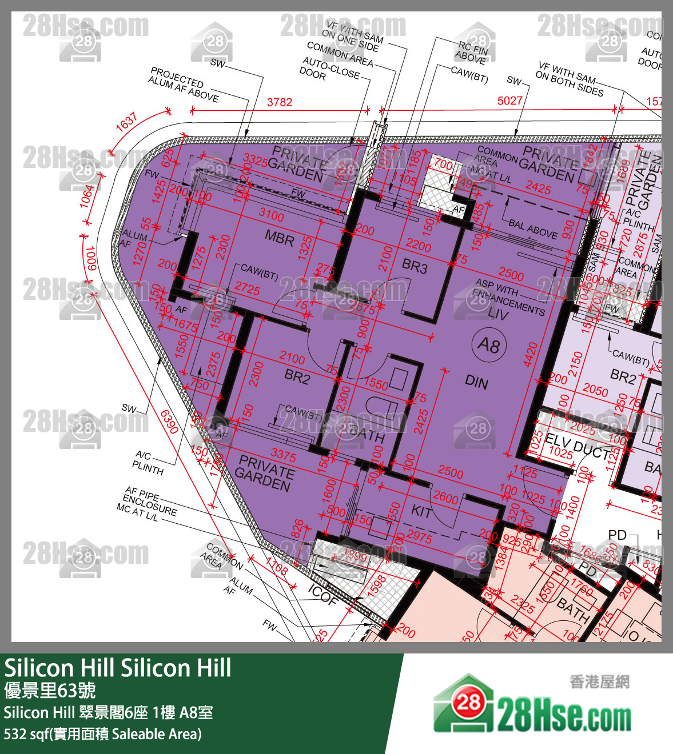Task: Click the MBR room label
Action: click(279, 237)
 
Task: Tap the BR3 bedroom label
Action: click(415, 266)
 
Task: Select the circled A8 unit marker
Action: click(489, 345)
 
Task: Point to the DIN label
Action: click(476, 382)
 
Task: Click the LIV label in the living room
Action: click(498, 313)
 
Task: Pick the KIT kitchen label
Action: click(421, 511)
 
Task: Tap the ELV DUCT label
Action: click(578, 446)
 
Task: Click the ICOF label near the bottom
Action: click(322, 594)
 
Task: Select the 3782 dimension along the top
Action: click(280, 102)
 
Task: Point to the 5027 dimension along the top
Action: click(509, 101)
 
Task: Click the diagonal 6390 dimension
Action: click(169, 422)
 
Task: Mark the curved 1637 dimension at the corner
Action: click(127, 122)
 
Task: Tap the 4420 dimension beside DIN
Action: click(530, 354)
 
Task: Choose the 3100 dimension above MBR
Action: click(271, 215)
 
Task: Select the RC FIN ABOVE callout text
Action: click(472, 53)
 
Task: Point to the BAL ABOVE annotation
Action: click(533, 228)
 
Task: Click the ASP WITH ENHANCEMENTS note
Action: click(509, 296)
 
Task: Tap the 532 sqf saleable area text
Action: click(103, 734)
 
